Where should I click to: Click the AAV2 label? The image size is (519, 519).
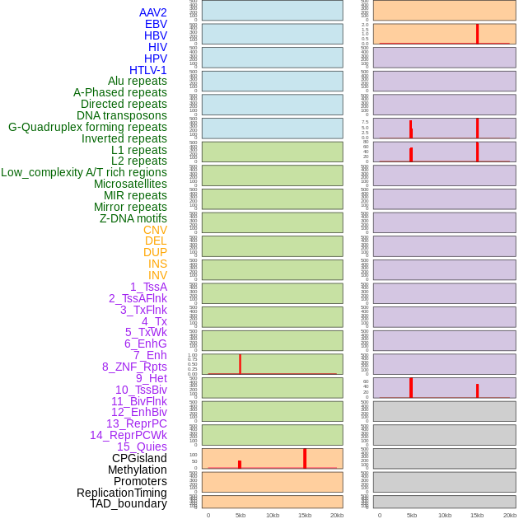(x=153, y=12)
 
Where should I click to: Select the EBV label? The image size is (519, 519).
(x=156, y=24)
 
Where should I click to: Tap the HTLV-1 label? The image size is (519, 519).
(x=148, y=70)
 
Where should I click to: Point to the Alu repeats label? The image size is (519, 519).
(x=138, y=81)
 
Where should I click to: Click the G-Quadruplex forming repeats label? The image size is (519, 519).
(x=87, y=127)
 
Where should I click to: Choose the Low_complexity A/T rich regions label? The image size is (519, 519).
(x=84, y=172)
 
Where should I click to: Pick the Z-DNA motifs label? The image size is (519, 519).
(x=133, y=218)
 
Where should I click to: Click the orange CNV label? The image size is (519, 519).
(x=155, y=230)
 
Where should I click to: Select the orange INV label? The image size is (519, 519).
(x=157, y=275)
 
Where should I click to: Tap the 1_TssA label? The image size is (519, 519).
(x=148, y=287)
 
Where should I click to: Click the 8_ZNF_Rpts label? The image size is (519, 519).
(x=134, y=367)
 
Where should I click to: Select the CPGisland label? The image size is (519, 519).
(x=139, y=458)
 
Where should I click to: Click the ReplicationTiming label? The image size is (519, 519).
(x=122, y=493)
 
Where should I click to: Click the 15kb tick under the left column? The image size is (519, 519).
(x=304, y=515)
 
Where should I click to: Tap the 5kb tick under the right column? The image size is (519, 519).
(x=411, y=515)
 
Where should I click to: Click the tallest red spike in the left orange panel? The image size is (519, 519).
(x=304, y=458)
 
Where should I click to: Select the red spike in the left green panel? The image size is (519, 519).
(x=240, y=363)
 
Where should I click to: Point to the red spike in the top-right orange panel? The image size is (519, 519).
(x=477, y=34)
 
